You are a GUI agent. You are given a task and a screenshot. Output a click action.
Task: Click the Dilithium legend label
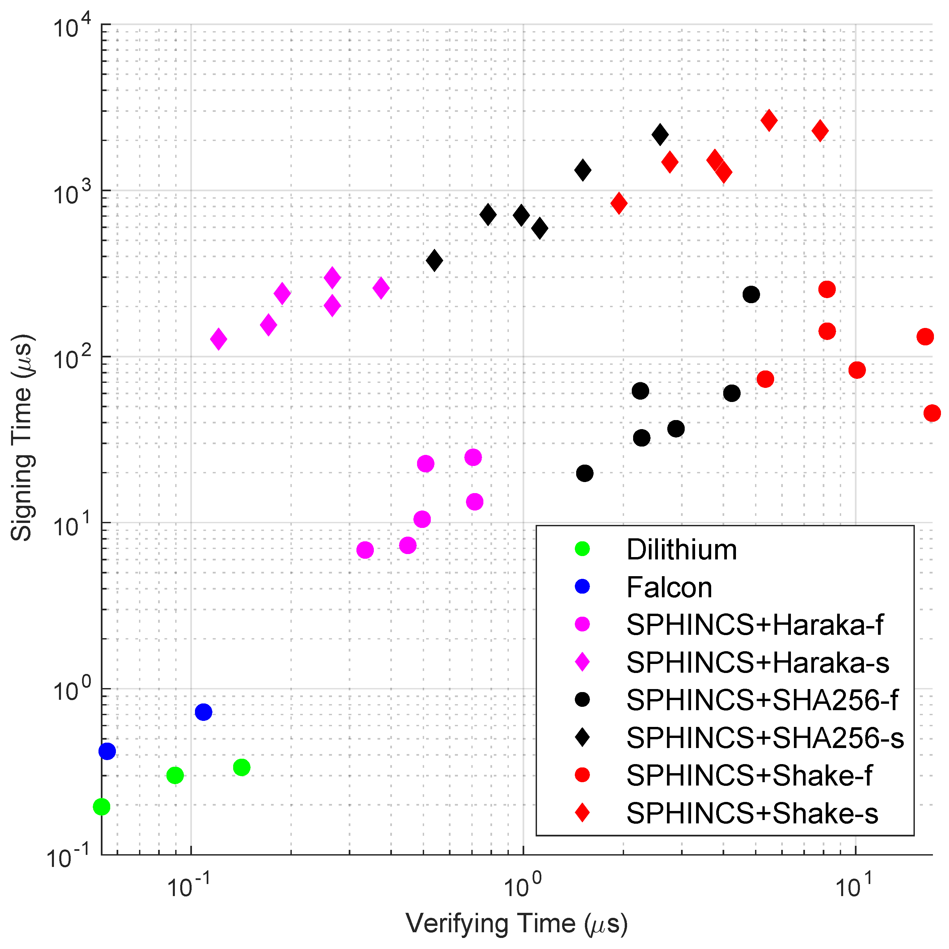[681, 550]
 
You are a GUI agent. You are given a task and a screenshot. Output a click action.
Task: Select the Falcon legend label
[669, 588]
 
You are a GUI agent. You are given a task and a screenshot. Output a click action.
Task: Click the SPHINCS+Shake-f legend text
[749, 775]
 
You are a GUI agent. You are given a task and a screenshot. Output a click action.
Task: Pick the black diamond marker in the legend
[582, 737]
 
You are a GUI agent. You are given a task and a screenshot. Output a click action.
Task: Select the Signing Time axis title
[22, 438]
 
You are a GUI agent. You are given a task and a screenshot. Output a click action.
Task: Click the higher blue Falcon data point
[203, 712]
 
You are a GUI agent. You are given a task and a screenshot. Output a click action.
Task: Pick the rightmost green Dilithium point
[242, 767]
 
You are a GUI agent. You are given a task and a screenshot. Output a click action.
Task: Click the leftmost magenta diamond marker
[219, 339]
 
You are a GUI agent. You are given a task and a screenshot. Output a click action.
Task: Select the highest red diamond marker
[769, 120]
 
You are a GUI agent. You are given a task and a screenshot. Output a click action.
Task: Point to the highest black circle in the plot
[751, 295]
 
